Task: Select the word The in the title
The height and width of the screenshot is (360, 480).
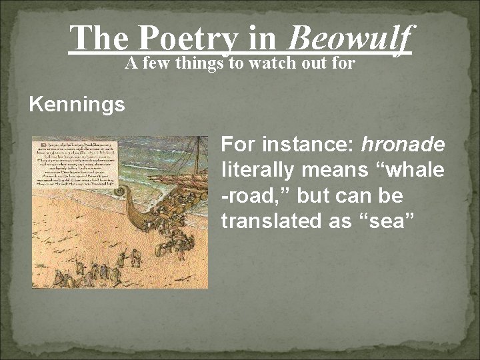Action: [x=99, y=38]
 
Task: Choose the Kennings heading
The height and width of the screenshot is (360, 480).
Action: [x=77, y=105]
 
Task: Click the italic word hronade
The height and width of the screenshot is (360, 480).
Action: [x=403, y=144]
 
